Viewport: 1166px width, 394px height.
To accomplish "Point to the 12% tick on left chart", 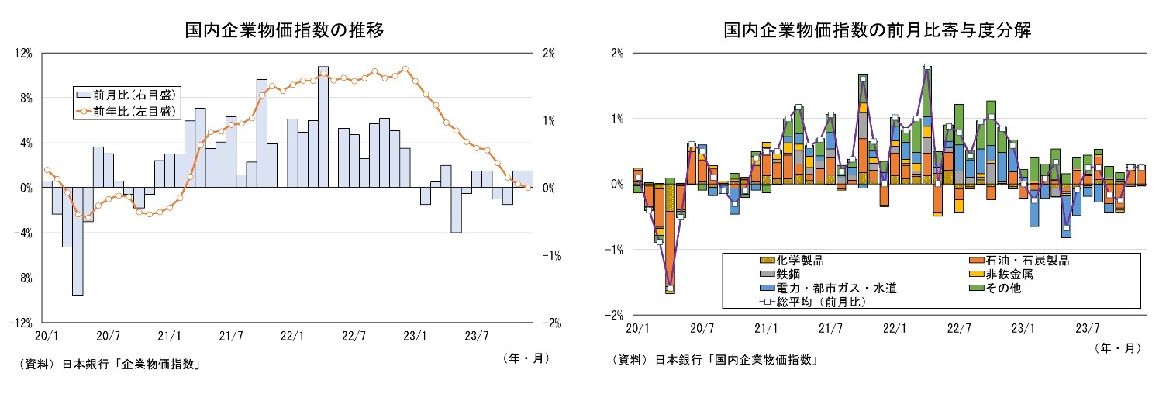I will (23, 53).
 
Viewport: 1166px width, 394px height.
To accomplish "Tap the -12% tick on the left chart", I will (20, 323).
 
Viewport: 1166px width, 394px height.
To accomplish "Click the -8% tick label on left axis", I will (22, 278).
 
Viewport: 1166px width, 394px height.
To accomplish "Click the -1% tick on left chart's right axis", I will (548, 255).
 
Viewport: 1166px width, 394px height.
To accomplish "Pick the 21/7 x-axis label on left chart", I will (230, 336).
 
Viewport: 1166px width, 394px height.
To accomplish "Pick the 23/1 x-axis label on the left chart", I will (415, 336).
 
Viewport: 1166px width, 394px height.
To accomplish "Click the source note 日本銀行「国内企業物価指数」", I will (737, 359).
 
